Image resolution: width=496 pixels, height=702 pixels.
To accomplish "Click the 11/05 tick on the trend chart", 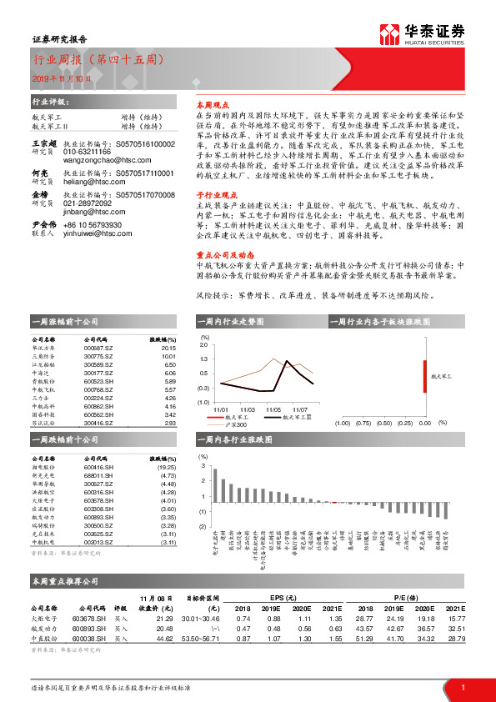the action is (273, 410).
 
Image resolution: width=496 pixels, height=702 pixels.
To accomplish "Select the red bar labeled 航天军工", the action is (426, 374).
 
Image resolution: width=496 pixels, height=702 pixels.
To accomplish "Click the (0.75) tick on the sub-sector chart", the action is (363, 424).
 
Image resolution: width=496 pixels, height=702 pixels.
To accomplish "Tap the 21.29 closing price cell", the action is (163, 619).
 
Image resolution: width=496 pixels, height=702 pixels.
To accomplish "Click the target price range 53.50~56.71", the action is (200, 637).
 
